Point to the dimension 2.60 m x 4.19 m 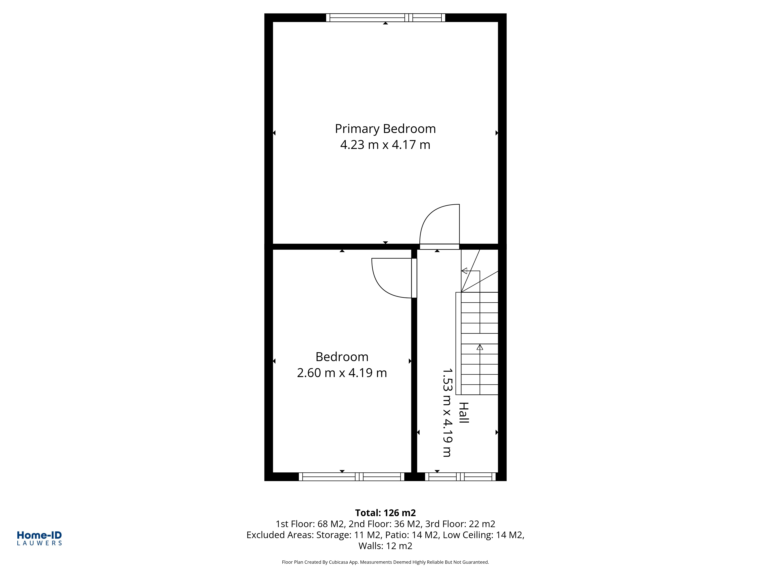coord(342,373)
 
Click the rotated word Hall coord(464,413)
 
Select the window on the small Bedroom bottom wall coord(351,477)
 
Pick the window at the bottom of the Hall coord(460,477)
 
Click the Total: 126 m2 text coord(385,513)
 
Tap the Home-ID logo coord(39,535)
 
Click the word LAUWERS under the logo coord(39,543)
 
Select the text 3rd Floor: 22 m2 coord(460,524)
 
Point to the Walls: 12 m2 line coord(385,546)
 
